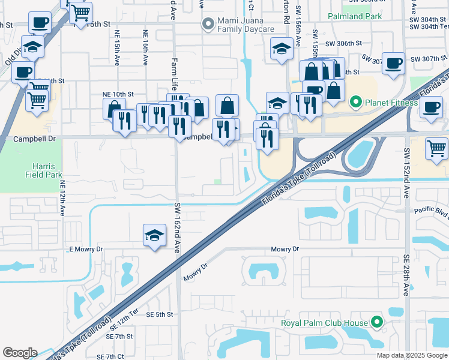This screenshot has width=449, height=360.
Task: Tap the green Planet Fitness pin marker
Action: [x=355, y=103]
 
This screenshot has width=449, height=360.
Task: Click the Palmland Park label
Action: [x=355, y=16]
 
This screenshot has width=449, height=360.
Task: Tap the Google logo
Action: [x=20, y=353]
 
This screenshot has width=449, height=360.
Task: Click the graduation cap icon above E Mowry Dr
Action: [x=154, y=235]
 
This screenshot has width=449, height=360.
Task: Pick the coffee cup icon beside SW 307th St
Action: [x=394, y=64]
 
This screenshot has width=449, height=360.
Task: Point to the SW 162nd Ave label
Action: [x=178, y=229]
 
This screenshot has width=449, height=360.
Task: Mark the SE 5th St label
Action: [x=159, y=314]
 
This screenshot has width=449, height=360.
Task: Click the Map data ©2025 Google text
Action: [x=412, y=355]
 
